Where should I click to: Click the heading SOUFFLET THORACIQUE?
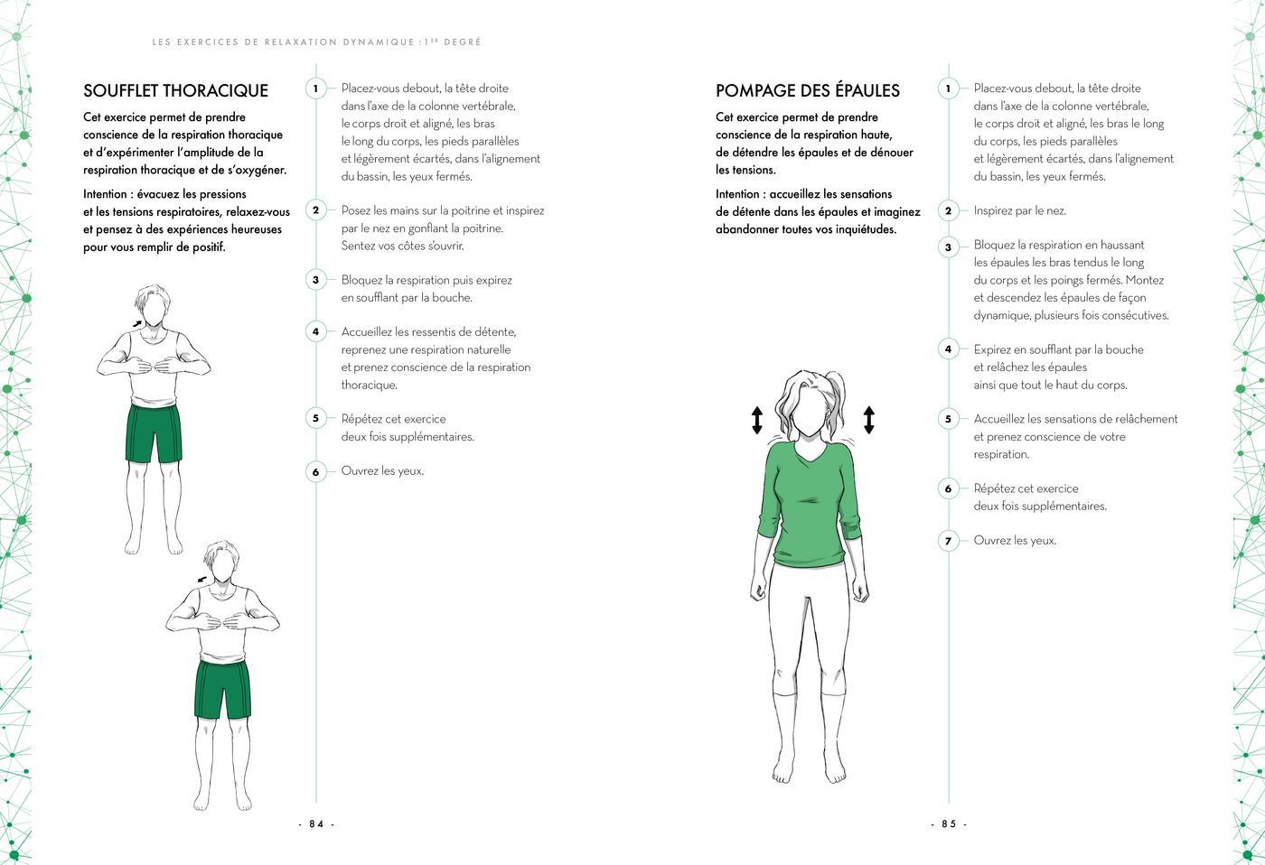(x=175, y=90)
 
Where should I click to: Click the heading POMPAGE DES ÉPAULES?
(x=807, y=90)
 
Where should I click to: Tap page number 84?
(x=316, y=823)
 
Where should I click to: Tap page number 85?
(x=949, y=823)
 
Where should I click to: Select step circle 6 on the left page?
(x=315, y=471)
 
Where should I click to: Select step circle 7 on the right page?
(x=948, y=542)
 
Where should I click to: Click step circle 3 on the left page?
(x=315, y=280)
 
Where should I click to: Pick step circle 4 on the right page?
(x=948, y=349)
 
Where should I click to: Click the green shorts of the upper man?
(x=154, y=433)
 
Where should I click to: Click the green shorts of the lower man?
(x=222, y=688)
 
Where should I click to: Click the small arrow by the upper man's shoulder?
(x=136, y=322)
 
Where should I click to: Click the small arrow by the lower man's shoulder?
(x=201, y=579)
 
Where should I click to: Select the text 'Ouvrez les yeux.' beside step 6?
(x=382, y=470)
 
